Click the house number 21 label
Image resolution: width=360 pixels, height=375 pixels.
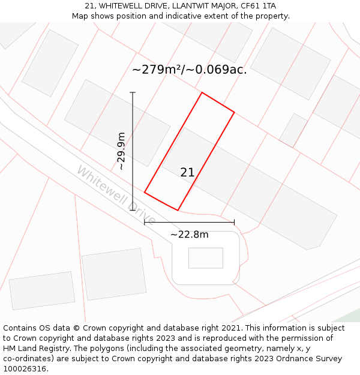pos(187,173)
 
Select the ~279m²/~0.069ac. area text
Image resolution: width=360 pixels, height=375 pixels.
pos(189,70)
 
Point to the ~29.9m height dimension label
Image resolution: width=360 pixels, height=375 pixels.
pos(121,151)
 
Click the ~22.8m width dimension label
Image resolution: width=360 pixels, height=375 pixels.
pos(189,235)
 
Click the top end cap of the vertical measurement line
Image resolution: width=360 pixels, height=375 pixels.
pos(133,92)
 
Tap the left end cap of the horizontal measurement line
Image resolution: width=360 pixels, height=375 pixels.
pos(145,222)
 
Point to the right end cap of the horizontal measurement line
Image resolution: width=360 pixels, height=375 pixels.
pos(234,222)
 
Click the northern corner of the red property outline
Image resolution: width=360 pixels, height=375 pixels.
pos(202,92)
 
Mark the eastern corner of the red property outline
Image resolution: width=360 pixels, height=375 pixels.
pos(234,112)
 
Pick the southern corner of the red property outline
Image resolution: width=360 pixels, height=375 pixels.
pos(178,210)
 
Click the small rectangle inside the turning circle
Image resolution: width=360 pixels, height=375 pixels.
pos(205,258)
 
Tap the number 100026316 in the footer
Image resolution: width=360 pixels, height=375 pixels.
pos(25,369)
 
